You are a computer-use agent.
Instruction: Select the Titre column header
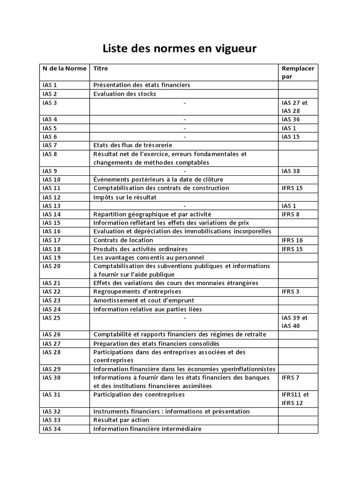tap(100, 68)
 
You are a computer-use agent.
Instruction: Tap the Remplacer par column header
tap(298, 72)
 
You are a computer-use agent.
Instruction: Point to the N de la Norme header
tap(64, 68)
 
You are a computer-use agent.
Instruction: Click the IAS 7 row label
tap(49, 145)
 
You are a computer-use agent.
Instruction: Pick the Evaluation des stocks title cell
tap(125, 94)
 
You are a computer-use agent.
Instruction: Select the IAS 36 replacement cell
tap(291, 120)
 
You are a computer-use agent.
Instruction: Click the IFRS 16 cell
tap(292, 240)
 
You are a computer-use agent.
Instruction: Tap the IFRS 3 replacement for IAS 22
tap(290, 292)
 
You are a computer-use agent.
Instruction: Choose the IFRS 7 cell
tap(290, 377)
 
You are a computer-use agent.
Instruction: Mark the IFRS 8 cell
tap(290, 214)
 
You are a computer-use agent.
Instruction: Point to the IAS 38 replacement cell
tap(291, 171)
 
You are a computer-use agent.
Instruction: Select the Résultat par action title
tap(121, 420)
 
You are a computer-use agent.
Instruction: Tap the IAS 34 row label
tap(51, 428)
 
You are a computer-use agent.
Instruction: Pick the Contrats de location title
tap(123, 240)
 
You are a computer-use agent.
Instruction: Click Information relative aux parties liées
tap(148, 309)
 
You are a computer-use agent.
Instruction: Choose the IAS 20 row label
tap(51, 266)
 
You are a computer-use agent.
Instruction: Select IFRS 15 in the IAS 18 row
tap(292, 249)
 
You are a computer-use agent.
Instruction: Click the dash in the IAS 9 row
tap(185, 171)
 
